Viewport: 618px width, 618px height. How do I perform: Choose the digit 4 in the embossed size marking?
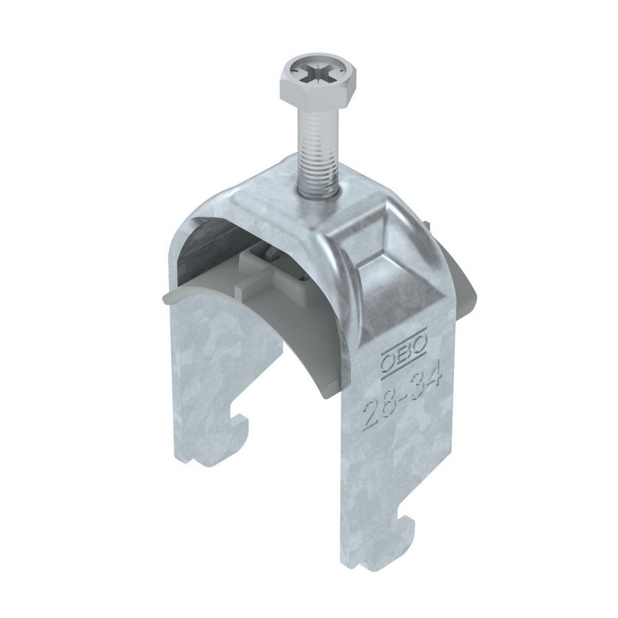coord(432,376)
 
